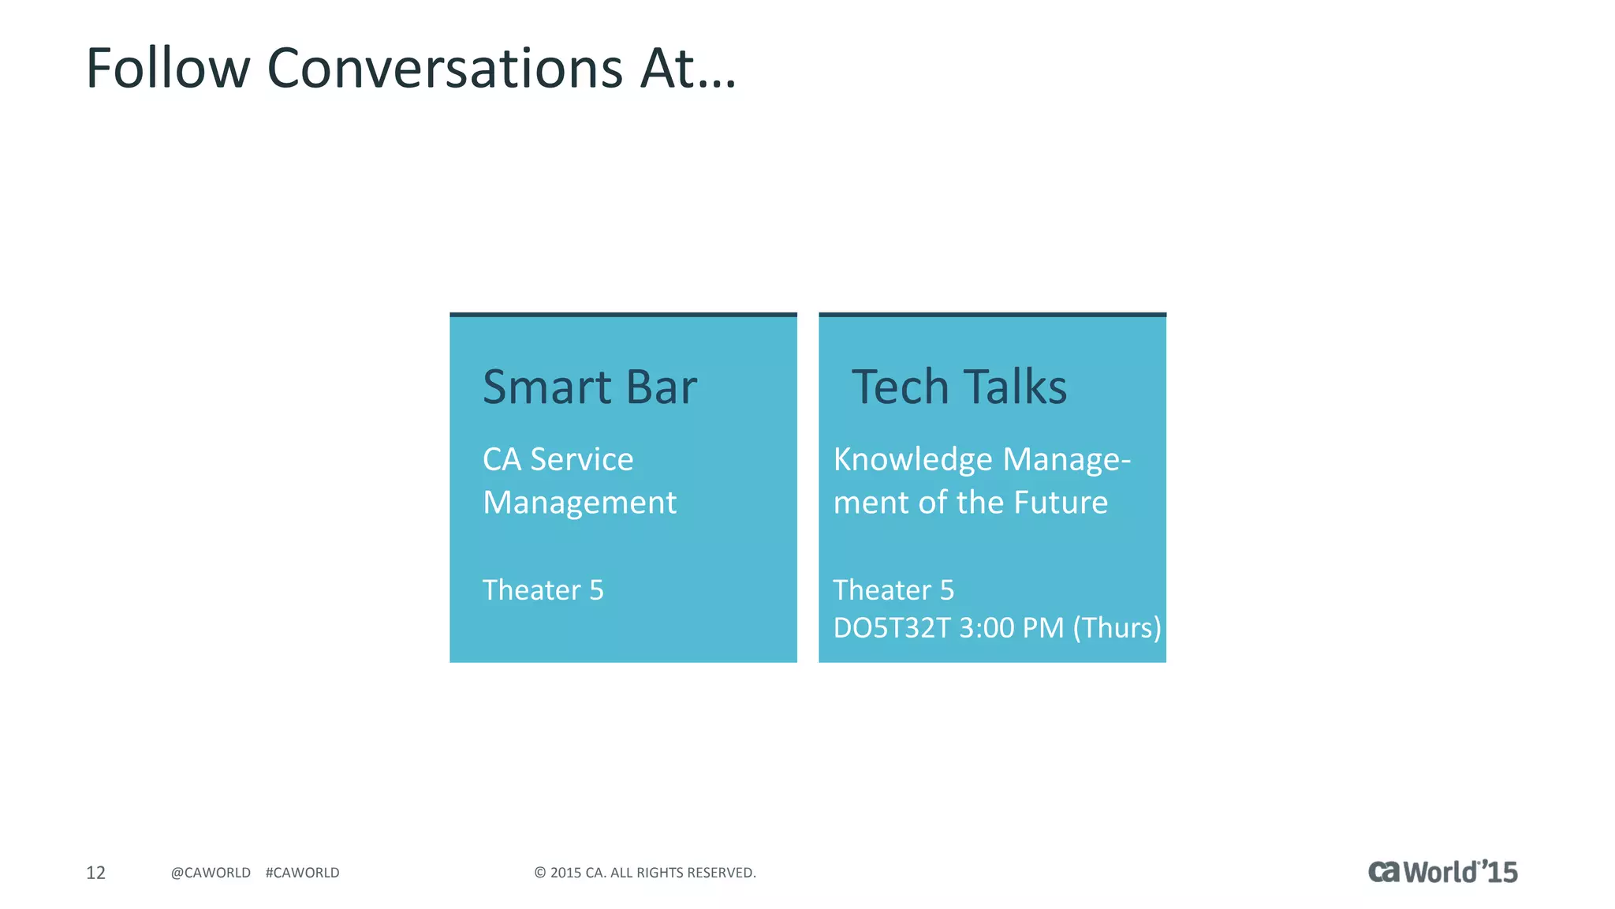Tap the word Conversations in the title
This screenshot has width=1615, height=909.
(x=445, y=69)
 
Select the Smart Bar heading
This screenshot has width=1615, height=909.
(x=589, y=387)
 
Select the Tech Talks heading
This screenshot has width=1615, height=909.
(x=959, y=387)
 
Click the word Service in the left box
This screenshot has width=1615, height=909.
(x=581, y=459)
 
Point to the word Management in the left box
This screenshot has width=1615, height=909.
(x=580, y=503)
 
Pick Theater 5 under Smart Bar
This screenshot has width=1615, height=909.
(x=543, y=590)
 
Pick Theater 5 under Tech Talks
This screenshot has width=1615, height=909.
(x=893, y=590)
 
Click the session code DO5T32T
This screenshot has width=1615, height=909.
(x=891, y=628)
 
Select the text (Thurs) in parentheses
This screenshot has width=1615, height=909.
(x=1117, y=628)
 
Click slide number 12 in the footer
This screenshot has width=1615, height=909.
(x=95, y=873)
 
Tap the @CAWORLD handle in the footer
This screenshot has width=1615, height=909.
(x=211, y=873)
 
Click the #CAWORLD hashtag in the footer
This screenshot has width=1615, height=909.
(x=302, y=873)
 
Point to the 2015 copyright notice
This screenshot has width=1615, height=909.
(x=645, y=873)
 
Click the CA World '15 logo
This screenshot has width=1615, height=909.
(x=1442, y=872)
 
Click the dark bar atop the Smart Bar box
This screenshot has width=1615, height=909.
(x=623, y=315)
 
